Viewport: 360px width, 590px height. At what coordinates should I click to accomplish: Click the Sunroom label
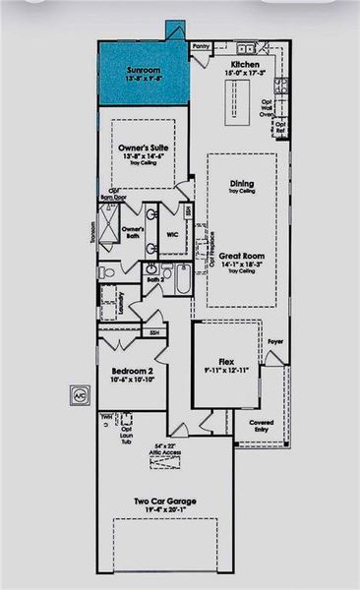[144, 72]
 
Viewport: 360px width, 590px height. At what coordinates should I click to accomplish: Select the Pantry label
[202, 45]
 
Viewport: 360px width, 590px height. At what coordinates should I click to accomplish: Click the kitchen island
[239, 99]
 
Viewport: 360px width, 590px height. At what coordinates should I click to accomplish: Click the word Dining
[242, 183]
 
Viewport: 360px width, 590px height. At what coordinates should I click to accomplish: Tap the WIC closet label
[171, 235]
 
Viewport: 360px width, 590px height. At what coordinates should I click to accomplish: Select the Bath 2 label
[153, 279]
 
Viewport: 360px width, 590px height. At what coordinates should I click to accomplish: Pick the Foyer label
[276, 342]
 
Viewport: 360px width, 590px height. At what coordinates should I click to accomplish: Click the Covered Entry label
[262, 426]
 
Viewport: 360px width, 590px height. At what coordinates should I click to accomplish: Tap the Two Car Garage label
[165, 501]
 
